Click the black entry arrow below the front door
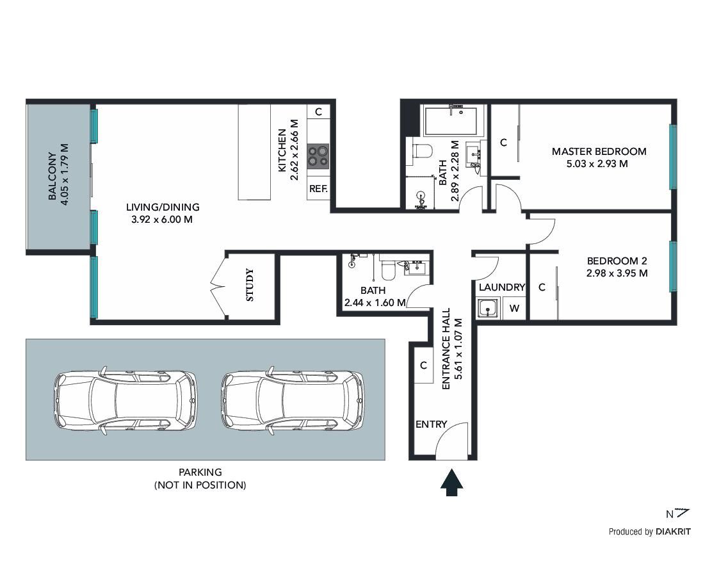(x=451, y=483)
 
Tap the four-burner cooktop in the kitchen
(x=318, y=156)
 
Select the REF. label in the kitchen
(x=318, y=189)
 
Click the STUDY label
(x=250, y=285)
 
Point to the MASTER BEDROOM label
(x=599, y=152)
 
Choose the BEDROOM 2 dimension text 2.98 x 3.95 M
(x=617, y=273)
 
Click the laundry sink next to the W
(x=487, y=309)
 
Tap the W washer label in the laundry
(x=514, y=309)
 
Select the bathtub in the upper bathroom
(x=451, y=121)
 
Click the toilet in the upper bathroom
(x=421, y=150)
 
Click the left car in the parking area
(x=125, y=400)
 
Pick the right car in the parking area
(x=293, y=400)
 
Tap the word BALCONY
(x=53, y=176)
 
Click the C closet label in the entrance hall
(x=424, y=366)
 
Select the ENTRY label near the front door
(x=432, y=424)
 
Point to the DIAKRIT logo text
(x=673, y=532)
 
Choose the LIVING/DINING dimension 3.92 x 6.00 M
(x=162, y=220)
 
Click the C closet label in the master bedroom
(x=503, y=143)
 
